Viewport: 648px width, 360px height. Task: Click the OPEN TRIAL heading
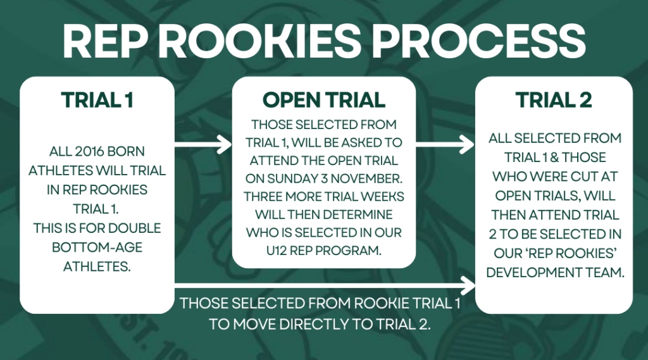323,100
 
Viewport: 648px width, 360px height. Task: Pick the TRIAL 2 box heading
553,100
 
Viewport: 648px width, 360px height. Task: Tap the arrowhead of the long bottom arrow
468,286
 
